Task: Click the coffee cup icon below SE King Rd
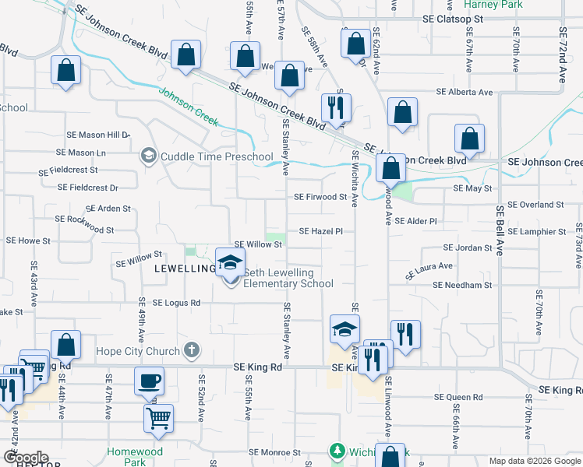point(149,381)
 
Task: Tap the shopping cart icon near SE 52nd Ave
point(158,417)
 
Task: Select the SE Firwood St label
point(320,198)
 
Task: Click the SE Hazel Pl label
point(321,232)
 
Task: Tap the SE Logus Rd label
point(176,303)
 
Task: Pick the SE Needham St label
point(462,286)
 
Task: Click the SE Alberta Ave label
point(465,92)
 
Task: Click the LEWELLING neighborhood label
point(184,269)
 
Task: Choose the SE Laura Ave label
point(429,270)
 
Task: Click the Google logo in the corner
point(26,458)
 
